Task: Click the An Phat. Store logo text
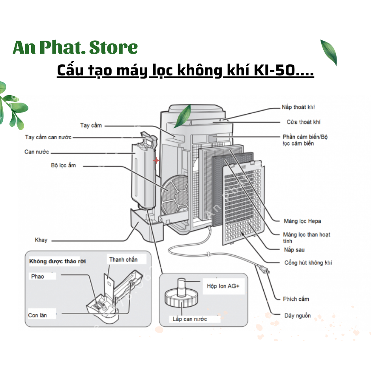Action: coord(75,48)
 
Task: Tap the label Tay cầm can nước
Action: coord(48,137)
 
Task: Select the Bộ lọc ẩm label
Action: coord(63,165)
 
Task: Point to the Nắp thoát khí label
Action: coord(298,107)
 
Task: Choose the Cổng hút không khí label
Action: coord(308,262)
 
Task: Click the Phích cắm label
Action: coord(296,299)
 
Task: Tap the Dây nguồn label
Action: coord(298,316)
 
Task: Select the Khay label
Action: coord(41,240)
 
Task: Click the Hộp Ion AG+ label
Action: coord(223,286)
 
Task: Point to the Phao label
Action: coord(38,276)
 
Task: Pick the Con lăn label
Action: coord(37,315)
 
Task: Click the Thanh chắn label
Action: coord(123,259)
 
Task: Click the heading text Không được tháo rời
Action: coord(57,261)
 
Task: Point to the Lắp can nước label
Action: coord(189,319)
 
